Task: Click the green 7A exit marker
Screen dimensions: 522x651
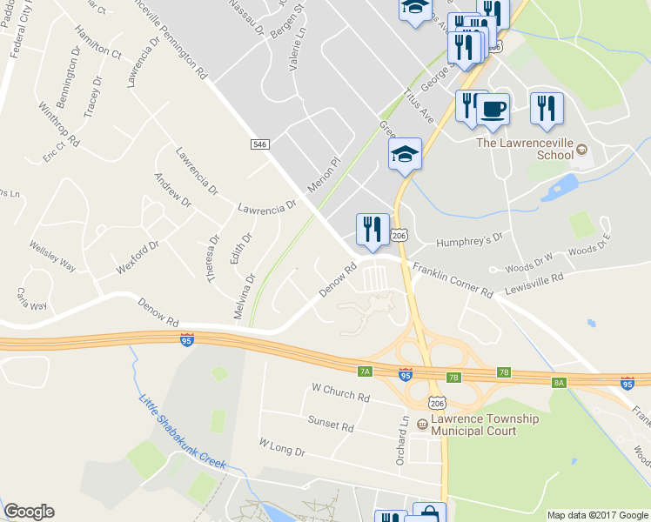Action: (365, 371)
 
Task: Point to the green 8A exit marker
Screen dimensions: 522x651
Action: (559, 382)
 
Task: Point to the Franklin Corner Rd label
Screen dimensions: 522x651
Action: (453, 281)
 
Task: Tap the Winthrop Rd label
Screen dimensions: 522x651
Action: (58, 124)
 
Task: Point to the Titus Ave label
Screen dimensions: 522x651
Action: (418, 104)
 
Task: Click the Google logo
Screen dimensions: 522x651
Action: (29, 512)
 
